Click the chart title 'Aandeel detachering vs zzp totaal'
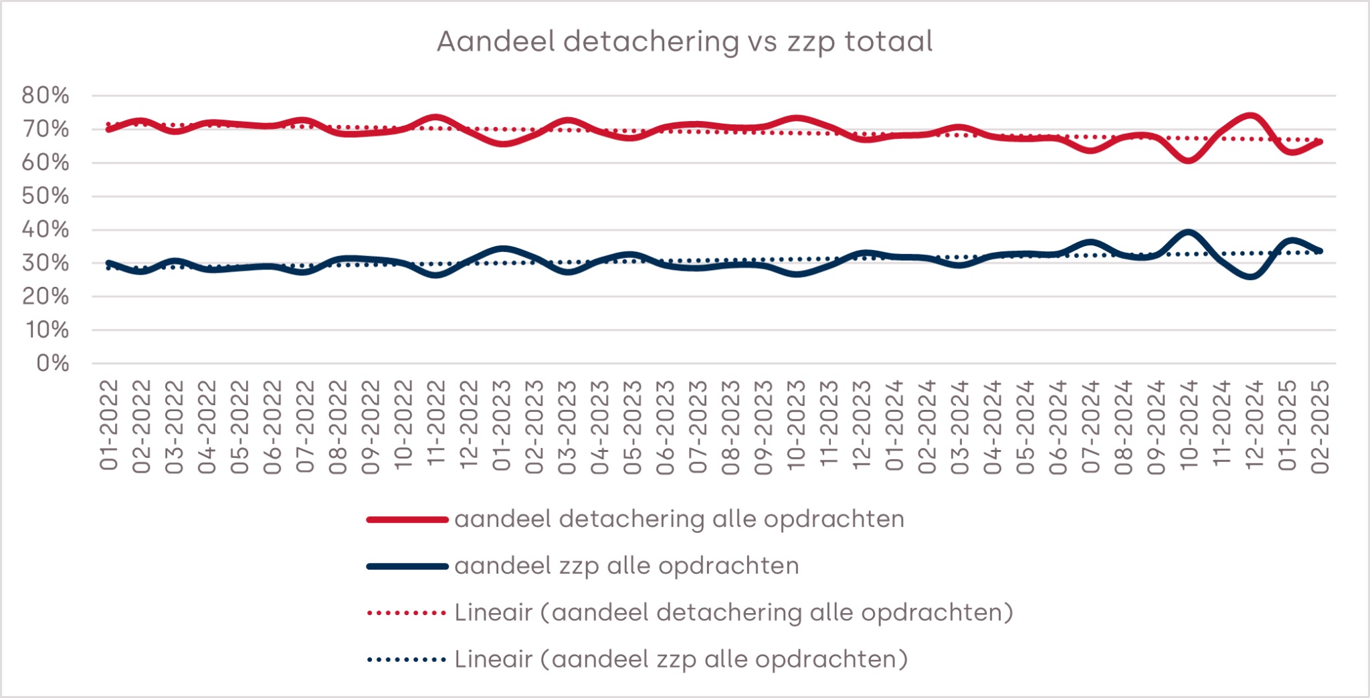(x=684, y=41)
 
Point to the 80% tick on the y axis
(x=45, y=96)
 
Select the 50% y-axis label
(x=45, y=196)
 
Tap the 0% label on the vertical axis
(x=53, y=363)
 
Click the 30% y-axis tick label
(x=45, y=263)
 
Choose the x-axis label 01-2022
(x=109, y=425)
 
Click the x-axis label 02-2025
(x=1320, y=425)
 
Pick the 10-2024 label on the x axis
(x=1189, y=425)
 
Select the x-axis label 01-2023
(x=502, y=425)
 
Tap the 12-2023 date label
(x=862, y=425)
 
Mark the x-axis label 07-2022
(x=305, y=425)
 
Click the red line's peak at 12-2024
(x=1250, y=116)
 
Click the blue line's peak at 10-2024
(x=1188, y=233)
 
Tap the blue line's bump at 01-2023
(x=502, y=249)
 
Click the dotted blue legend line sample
(x=407, y=660)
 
